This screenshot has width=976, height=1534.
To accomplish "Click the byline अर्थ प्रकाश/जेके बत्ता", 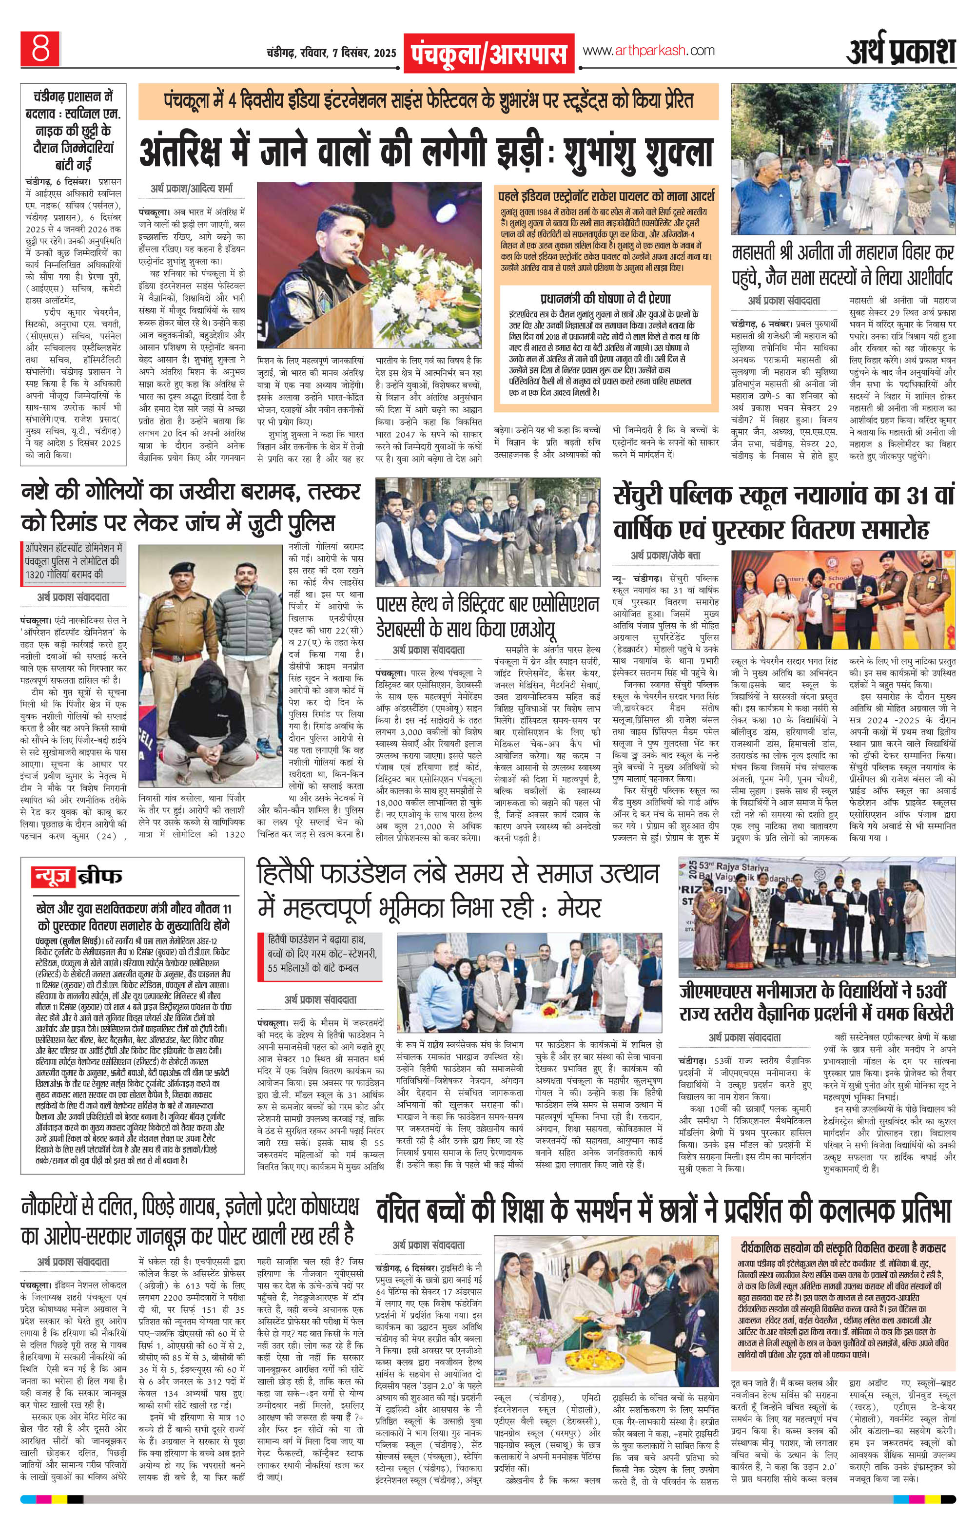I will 665,556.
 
